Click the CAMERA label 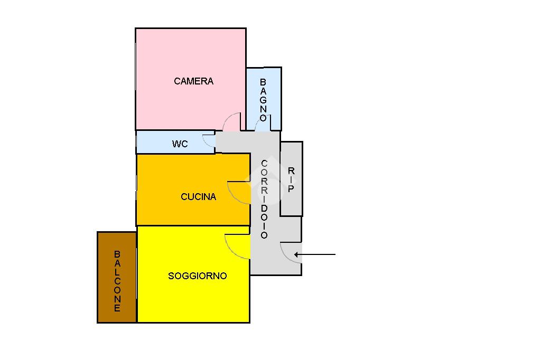193,81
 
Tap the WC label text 180,144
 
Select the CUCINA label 198,197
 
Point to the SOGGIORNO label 197,276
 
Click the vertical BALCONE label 117,281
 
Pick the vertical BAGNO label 263,100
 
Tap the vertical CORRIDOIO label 264,200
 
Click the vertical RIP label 291,179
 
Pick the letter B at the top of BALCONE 117,254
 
